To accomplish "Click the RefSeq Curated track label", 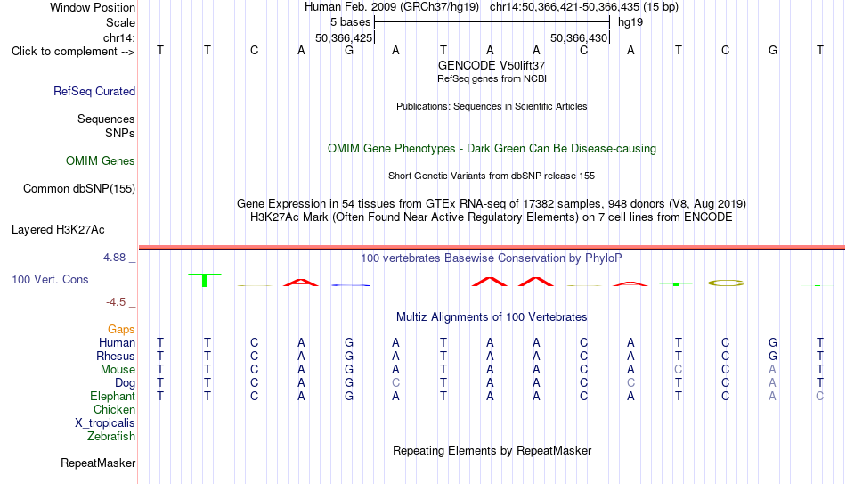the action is click(94, 91).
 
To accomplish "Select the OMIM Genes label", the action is click(101, 161).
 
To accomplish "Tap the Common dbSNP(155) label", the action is click(79, 189).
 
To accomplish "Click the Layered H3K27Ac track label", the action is click(58, 230).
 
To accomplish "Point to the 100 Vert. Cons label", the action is click(50, 279).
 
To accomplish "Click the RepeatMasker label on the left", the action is click(98, 463).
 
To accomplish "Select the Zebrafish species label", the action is click(111, 436).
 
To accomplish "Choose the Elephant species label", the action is click(113, 396).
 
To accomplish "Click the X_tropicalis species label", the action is click(105, 423).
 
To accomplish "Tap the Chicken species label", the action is click(114, 409).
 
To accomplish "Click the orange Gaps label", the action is click(121, 330).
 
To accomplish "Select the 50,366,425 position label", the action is click(344, 37).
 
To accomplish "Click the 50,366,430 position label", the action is click(579, 37).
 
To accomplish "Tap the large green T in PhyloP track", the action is click(205, 280).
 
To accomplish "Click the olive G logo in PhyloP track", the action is click(726, 283).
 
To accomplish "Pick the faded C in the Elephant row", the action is click(819, 396).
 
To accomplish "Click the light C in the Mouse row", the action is click(679, 370).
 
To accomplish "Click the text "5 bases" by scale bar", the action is click(351, 22).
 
